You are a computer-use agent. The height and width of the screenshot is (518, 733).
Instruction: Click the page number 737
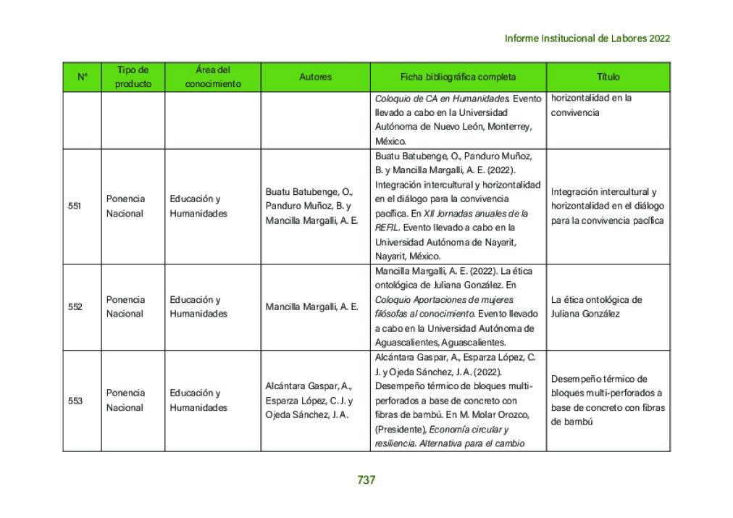point(366,480)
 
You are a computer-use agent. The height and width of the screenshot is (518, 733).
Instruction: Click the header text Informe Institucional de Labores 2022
point(587,38)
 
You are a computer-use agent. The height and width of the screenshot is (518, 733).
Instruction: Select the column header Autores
point(315,77)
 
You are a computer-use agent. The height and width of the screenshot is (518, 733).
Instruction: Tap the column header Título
point(608,77)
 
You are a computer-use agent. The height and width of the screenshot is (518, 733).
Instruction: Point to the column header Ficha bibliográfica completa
point(458,77)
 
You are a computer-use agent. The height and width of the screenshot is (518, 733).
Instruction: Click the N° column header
point(83,77)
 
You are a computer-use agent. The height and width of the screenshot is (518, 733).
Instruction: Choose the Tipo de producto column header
point(133,77)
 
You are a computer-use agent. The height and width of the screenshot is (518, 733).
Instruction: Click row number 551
point(75,206)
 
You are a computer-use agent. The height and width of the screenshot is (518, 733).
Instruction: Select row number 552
point(75,306)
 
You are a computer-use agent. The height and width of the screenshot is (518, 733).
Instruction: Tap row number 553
point(75,400)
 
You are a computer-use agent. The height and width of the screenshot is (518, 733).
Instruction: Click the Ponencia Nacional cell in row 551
point(125,206)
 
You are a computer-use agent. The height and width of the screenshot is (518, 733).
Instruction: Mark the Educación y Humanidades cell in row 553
point(195,400)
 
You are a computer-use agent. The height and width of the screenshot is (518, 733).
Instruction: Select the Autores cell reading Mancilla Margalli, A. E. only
point(311,306)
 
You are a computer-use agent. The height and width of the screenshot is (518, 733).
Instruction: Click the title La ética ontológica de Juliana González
point(596,306)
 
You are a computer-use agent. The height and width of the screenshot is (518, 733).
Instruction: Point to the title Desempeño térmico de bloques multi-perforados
point(606,400)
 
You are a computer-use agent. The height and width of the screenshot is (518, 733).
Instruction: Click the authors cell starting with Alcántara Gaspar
point(309,400)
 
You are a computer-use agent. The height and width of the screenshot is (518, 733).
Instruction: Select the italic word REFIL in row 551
point(387,227)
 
